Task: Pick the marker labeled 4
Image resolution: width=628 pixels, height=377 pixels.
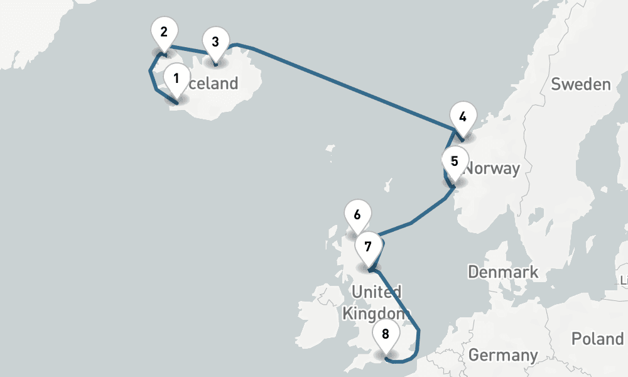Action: (x=463, y=117)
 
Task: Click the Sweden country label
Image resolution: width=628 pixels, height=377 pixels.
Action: (x=580, y=84)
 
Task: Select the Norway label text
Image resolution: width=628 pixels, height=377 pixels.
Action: (x=492, y=168)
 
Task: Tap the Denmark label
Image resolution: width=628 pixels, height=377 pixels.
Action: (x=503, y=271)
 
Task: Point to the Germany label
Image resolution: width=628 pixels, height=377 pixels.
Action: (x=503, y=355)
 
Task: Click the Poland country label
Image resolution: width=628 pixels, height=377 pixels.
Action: (x=597, y=339)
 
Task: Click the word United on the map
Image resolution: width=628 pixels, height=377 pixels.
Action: (x=377, y=292)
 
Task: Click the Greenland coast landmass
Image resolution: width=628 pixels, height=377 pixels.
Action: (x=25, y=31)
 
